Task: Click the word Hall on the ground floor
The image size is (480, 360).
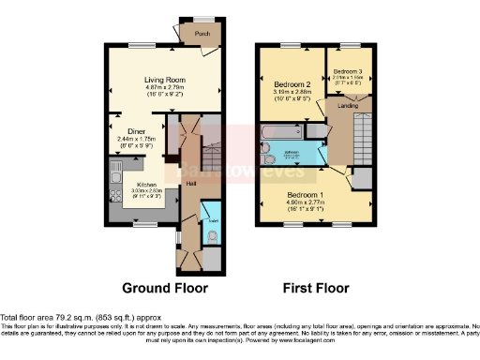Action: [x=189, y=182]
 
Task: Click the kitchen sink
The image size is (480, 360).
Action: [x=114, y=175]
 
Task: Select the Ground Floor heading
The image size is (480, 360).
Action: [x=166, y=288]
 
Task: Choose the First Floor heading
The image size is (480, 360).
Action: [x=316, y=288]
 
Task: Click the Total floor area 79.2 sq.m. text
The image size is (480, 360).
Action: [x=58, y=317]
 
